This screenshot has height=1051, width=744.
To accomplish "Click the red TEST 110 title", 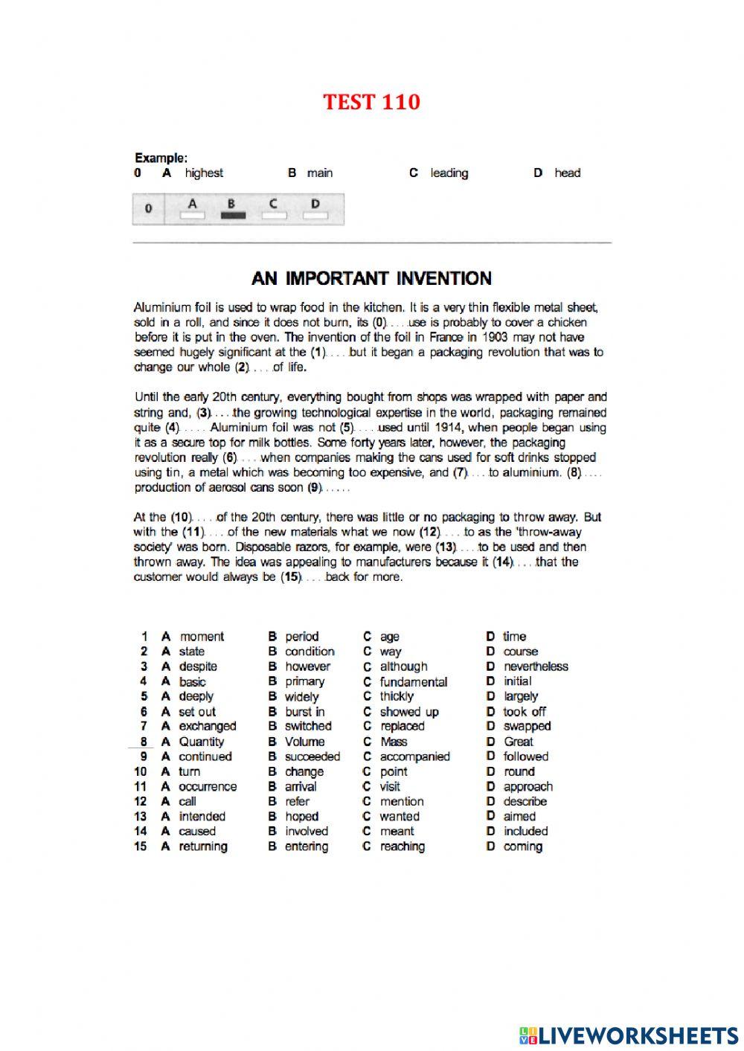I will (371, 102).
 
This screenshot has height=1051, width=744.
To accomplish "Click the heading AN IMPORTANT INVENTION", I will (371, 279).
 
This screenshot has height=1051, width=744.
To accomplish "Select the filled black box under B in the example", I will (232, 215).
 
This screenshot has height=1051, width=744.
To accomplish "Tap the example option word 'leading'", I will (449, 173).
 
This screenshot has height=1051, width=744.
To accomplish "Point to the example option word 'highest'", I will (204, 173).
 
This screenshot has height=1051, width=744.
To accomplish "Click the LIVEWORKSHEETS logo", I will (629, 1035).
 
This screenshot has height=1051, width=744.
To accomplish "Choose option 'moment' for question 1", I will (201, 637).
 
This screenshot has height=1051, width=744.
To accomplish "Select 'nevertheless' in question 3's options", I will (535, 666).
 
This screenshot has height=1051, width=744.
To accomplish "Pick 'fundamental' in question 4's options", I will (413, 682).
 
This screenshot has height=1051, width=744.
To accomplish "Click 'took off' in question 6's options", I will (524, 712).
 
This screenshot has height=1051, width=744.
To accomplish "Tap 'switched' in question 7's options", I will (308, 727).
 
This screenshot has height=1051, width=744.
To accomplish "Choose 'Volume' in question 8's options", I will (304, 742).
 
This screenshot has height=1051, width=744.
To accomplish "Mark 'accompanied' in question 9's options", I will (414, 756).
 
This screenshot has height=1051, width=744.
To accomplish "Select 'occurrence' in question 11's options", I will (208, 787).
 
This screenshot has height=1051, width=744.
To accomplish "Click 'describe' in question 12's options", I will (525, 802).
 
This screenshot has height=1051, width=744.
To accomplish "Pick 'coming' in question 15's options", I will (522, 846).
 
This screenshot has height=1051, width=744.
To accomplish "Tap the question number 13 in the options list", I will (141, 817).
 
